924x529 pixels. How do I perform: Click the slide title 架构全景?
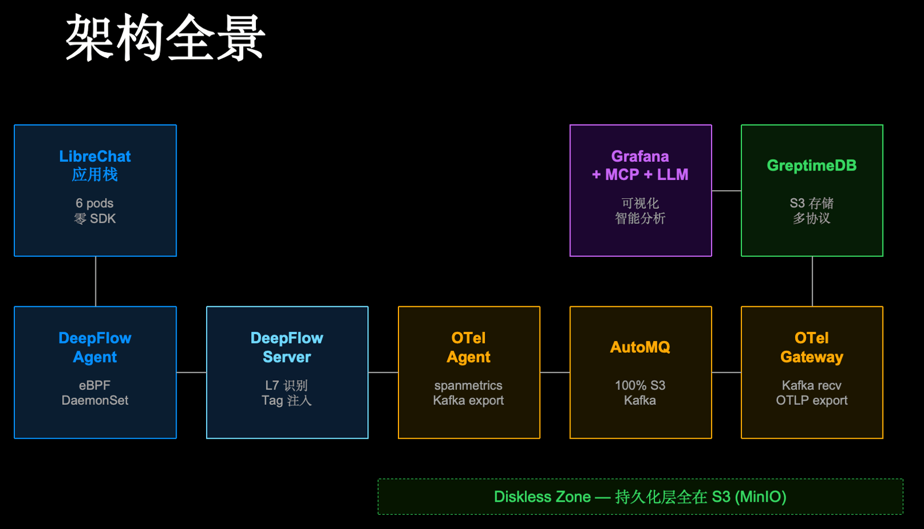click(165, 38)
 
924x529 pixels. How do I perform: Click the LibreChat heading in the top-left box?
click(95, 157)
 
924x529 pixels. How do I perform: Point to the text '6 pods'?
click(95, 204)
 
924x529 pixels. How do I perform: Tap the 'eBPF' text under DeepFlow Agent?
click(95, 386)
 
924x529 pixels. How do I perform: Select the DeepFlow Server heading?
click(287, 347)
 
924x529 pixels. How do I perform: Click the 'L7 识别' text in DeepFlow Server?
click(286, 386)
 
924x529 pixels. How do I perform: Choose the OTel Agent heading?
click(468, 347)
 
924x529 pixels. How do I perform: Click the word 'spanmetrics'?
click(468, 386)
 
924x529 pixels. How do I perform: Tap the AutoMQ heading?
click(640, 347)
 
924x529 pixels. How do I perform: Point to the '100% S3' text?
click(640, 386)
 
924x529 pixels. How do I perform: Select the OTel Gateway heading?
click(811, 347)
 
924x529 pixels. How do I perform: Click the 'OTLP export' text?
click(811, 401)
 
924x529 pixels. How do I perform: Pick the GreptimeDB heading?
click(811, 166)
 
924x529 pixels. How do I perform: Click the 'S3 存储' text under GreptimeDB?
click(811, 204)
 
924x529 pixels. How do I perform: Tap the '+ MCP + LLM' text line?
click(640, 175)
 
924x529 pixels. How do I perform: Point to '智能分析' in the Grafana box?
click(640, 219)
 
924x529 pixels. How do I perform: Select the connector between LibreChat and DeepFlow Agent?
click(95, 282)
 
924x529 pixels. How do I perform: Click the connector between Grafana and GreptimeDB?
click(726, 190)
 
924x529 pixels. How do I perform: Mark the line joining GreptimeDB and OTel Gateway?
click(812, 282)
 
